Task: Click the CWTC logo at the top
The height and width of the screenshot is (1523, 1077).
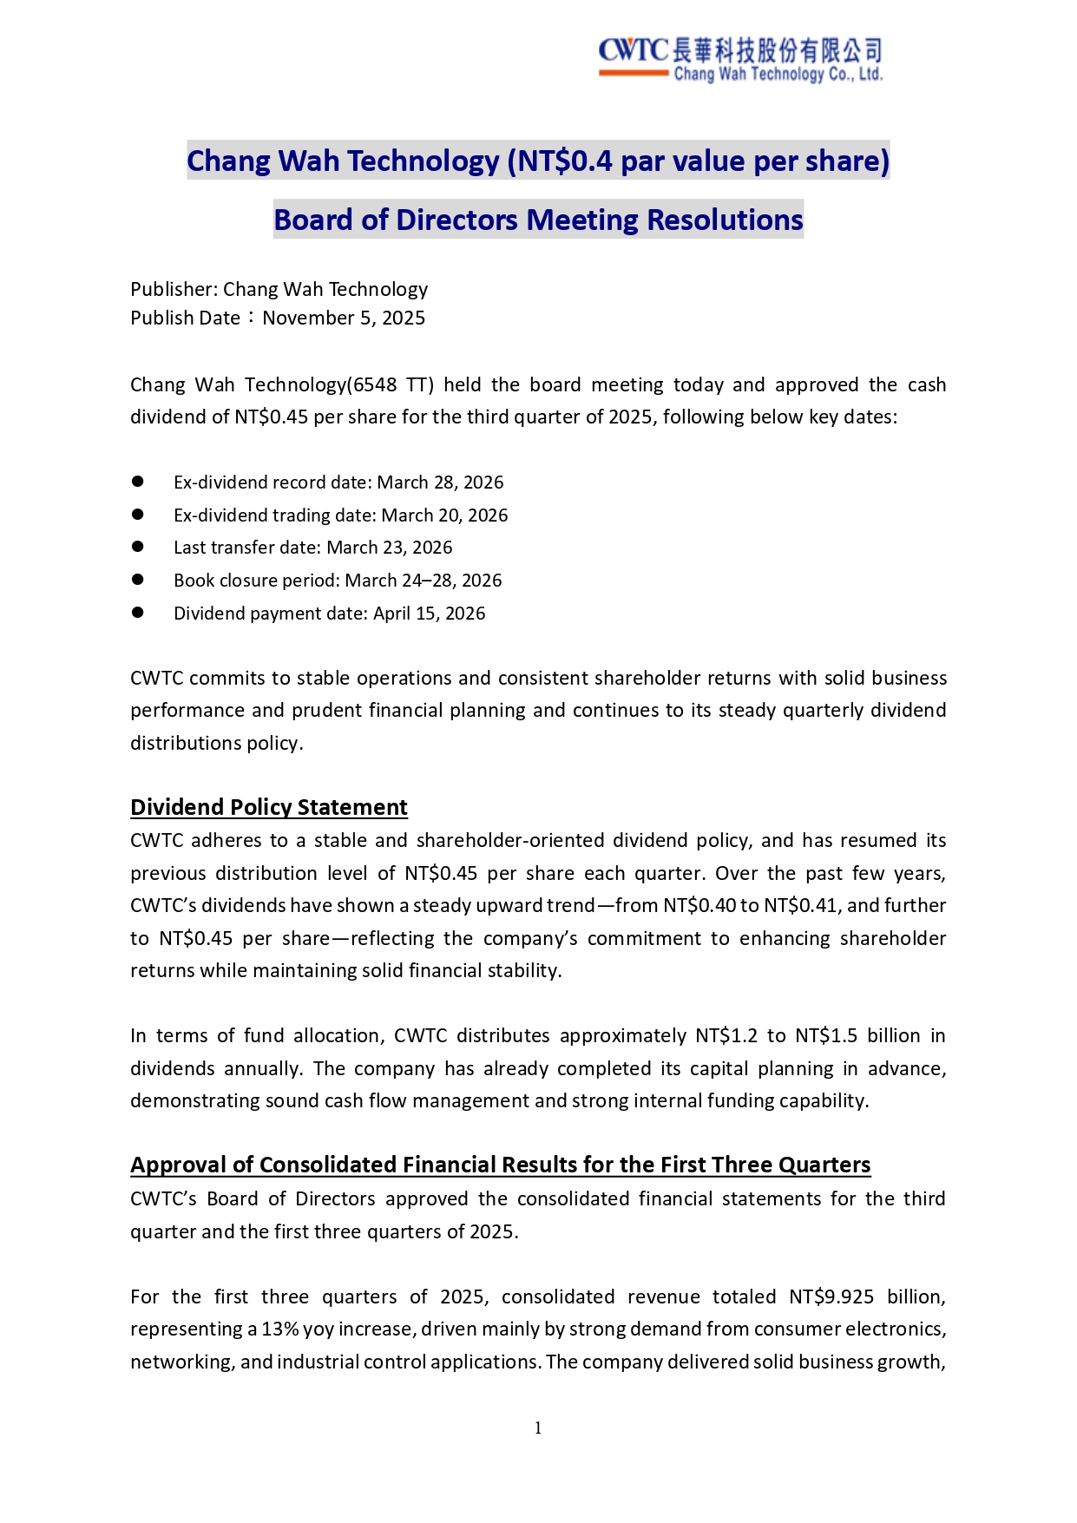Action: tap(739, 59)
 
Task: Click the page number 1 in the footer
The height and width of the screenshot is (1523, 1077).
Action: tap(538, 1428)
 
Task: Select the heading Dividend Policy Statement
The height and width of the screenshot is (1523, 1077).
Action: tap(268, 807)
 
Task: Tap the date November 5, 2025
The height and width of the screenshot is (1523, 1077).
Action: tap(344, 318)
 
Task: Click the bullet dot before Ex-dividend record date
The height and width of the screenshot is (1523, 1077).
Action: tap(137, 481)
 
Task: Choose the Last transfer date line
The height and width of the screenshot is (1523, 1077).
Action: tap(312, 548)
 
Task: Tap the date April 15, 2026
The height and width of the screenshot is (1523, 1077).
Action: tap(429, 614)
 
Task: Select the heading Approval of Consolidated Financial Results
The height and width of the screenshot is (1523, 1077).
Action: tap(500, 1165)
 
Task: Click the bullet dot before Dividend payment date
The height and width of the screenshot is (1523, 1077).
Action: tap(137, 612)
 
